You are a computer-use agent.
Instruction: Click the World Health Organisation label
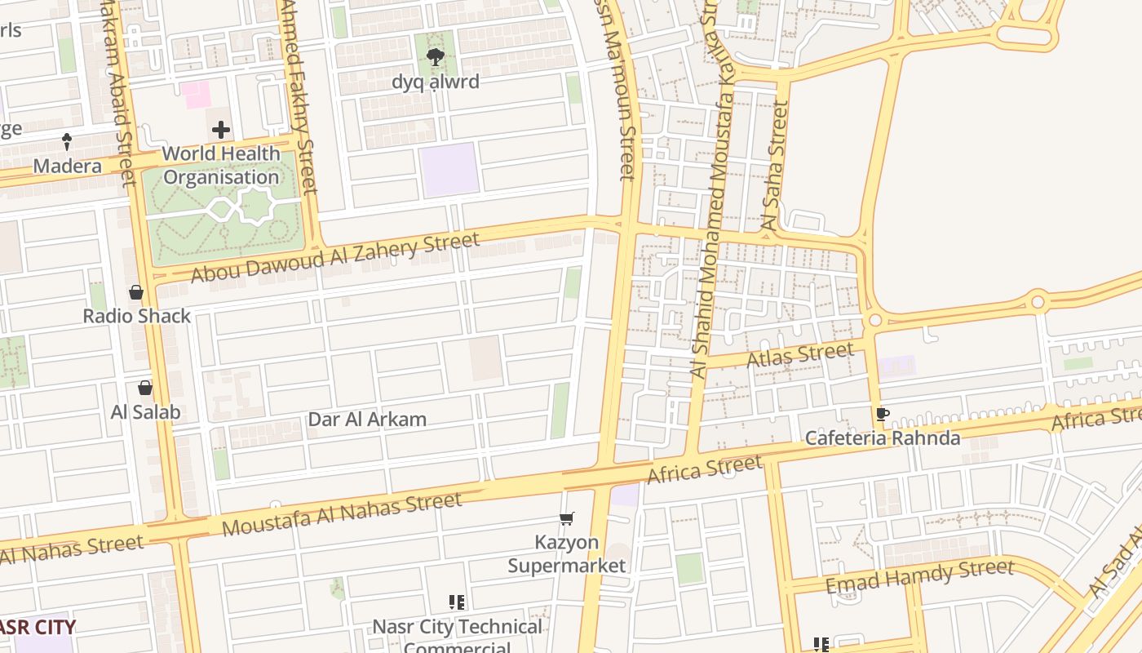221,166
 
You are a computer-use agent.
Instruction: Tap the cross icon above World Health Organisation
221,130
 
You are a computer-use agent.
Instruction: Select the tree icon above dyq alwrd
436,57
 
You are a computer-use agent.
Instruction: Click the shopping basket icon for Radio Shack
136,292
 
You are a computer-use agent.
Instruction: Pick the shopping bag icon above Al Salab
145,388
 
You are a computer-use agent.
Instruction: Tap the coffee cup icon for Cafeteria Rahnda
882,415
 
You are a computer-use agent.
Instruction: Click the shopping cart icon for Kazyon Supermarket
566,519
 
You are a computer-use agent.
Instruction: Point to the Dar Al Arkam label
367,420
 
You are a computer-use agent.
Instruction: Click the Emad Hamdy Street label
919,575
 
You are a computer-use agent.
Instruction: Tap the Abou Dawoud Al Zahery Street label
334,258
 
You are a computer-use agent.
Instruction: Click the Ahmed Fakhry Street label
298,98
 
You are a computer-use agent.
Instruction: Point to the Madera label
68,167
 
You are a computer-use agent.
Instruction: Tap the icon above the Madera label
68,141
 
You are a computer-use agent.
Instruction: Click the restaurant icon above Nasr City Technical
457,603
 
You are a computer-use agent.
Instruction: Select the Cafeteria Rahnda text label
883,438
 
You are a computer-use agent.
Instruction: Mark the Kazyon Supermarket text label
567,553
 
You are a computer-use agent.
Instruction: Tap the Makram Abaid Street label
119,90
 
